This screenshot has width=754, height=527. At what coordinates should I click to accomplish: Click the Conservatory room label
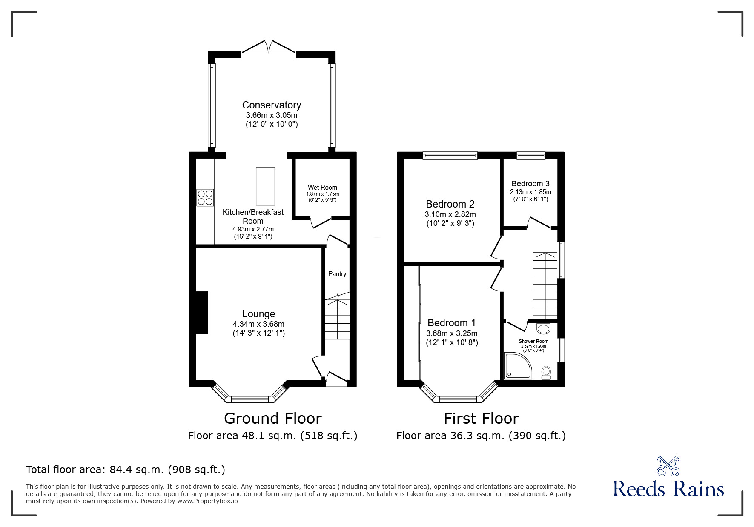[x=271, y=105]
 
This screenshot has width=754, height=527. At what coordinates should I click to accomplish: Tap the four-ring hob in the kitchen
[x=205, y=198]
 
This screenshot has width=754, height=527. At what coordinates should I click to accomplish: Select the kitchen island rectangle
[x=265, y=186]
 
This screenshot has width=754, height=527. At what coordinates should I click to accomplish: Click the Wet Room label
[x=322, y=188]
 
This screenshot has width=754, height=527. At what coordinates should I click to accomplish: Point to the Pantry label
[x=337, y=274]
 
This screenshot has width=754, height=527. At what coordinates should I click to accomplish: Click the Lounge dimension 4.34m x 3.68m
[x=258, y=324]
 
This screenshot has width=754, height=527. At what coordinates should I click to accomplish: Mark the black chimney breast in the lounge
[x=201, y=313]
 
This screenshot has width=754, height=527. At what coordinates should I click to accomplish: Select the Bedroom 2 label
[x=450, y=204]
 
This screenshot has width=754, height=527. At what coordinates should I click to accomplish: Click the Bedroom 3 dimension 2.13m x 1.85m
[x=530, y=192]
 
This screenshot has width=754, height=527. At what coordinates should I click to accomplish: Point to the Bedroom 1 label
[x=452, y=323]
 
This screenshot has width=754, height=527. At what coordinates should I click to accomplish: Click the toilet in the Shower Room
[x=546, y=373]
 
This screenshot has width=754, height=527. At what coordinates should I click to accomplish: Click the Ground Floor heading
[x=272, y=419]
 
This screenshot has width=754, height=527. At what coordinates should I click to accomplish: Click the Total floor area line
[x=126, y=470]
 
